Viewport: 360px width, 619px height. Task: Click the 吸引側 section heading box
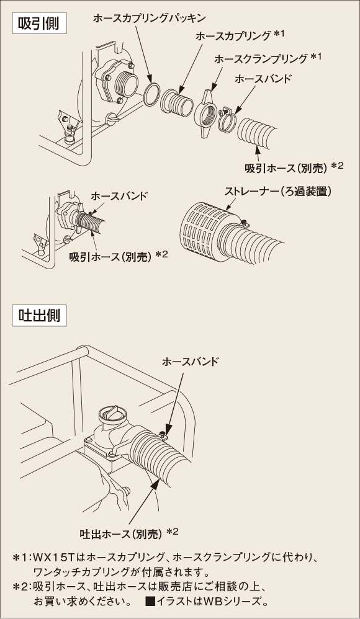tap(38, 27)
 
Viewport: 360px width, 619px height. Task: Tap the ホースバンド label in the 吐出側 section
tap(190, 361)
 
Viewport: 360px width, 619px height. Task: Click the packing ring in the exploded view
tap(150, 96)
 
